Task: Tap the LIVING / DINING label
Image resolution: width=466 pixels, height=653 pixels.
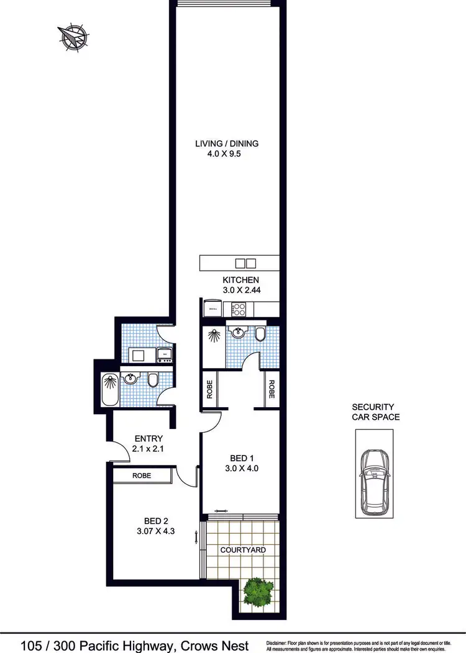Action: click(227, 143)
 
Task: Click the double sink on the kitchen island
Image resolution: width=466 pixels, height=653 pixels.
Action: click(246, 263)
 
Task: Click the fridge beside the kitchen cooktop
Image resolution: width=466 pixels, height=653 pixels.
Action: click(213, 307)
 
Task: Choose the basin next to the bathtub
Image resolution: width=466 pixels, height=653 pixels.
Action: click(131, 379)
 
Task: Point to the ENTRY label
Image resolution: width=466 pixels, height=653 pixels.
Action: click(148, 439)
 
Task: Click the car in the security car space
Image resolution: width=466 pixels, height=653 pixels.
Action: click(373, 475)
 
